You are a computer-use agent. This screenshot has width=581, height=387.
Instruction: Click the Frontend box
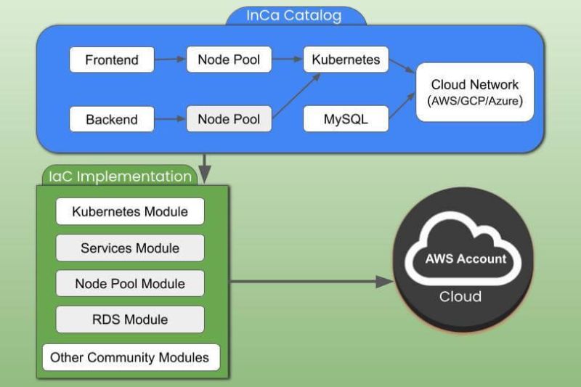(x=111, y=60)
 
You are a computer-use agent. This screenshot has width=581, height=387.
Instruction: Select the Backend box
(x=111, y=119)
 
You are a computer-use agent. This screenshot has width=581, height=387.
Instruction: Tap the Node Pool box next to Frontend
(x=229, y=60)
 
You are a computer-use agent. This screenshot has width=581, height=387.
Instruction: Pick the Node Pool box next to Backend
(x=229, y=118)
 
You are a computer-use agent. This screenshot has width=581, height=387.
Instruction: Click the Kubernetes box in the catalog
(x=346, y=60)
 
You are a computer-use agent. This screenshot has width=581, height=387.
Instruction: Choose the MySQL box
(x=346, y=119)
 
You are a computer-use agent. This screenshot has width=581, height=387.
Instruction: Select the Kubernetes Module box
(x=130, y=212)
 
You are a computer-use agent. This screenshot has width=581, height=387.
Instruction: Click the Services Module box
(x=130, y=248)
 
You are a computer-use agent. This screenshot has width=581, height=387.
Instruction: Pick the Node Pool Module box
(x=130, y=283)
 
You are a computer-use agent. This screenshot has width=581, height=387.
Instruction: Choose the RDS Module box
(x=130, y=319)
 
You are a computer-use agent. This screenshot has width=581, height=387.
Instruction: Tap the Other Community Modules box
(x=131, y=357)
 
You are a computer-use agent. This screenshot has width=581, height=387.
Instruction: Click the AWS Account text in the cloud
(x=465, y=259)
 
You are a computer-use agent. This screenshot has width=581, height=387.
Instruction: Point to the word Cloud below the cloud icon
(x=460, y=296)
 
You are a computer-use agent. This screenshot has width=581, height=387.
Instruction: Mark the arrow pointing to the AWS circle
(x=312, y=282)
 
